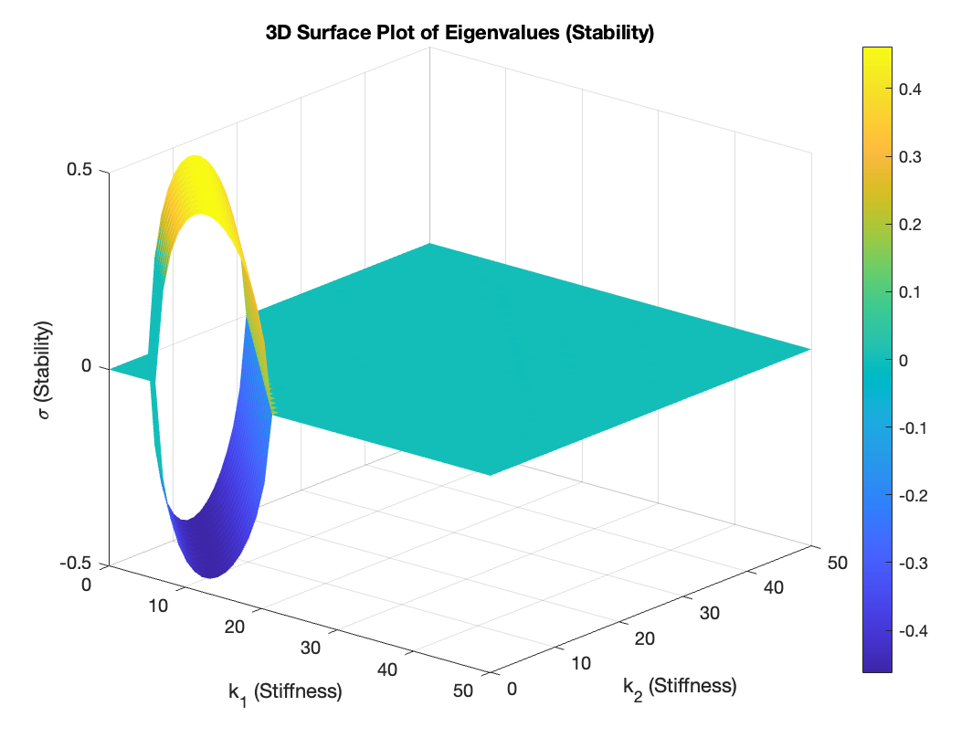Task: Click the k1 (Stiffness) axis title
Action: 285,691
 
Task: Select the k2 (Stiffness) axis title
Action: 680,685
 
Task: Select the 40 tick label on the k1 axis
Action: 388,669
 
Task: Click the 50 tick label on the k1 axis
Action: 462,691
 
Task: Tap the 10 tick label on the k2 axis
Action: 580,663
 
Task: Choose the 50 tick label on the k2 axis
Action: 837,563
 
